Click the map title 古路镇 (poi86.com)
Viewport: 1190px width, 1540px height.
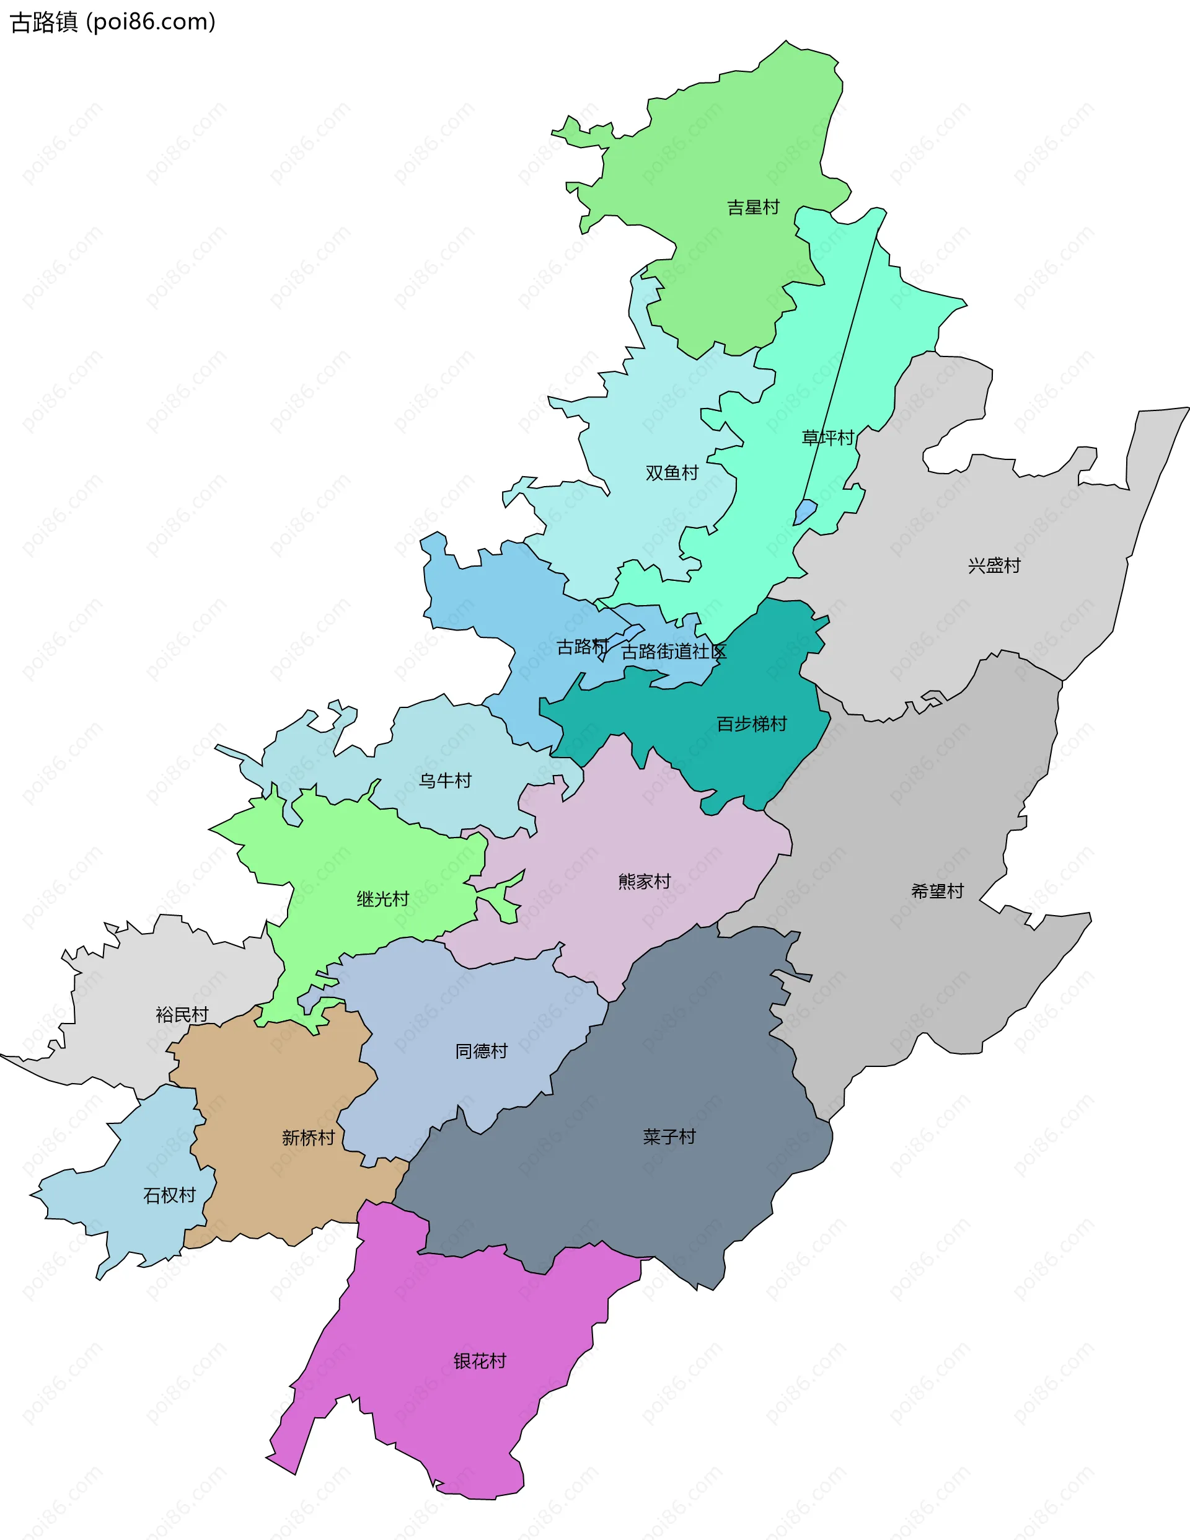coord(113,22)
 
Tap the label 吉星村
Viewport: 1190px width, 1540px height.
coord(753,207)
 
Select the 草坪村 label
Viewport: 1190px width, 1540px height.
coord(827,438)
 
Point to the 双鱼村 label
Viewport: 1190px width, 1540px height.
coord(672,472)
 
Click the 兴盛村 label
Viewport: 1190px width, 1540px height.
coord(994,565)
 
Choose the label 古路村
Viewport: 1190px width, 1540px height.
coord(583,647)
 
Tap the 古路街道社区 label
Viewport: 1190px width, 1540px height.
coord(673,652)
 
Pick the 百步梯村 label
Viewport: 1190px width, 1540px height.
coord(752,724)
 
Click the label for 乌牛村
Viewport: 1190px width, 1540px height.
coord(445,781)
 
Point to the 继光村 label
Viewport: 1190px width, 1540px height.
coord(383,899)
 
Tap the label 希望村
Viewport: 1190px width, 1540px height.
coord(937,892)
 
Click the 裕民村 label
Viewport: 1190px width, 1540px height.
coord(182,1015)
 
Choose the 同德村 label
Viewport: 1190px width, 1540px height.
coord(482,1051)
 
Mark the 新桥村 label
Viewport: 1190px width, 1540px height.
coord(308,1138)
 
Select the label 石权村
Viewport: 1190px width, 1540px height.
coord(169,1195)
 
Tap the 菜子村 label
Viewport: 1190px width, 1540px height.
coord(669,1136)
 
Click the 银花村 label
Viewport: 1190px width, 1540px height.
coord(480,1361)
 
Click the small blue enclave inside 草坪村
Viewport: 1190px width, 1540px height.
coord(805,511)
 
